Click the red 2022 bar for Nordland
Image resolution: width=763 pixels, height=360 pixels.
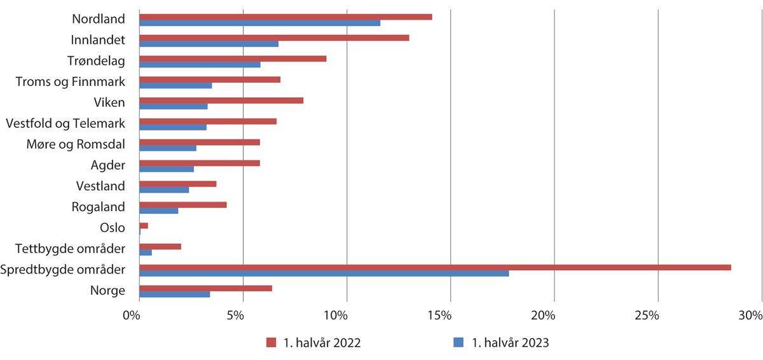pos(285,17)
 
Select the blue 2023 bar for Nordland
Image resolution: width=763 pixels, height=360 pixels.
pos(259,23)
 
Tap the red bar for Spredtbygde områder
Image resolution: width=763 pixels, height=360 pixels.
pos(435,267)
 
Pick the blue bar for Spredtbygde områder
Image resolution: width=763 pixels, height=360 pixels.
pos(324,273)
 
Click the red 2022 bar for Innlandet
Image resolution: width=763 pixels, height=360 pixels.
pos(274,38)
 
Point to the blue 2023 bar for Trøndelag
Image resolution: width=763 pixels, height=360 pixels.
pos(200,65)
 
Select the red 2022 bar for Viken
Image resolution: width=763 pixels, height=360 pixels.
pos(221,100)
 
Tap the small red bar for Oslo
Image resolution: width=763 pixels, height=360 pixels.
pos(144,226)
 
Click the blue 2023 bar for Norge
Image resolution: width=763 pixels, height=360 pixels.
pos(174,294)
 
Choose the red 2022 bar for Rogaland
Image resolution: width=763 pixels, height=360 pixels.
pos(183,205)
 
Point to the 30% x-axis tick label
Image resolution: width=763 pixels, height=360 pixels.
pos(751,315)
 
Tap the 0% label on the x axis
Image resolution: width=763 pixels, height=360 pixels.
pos(132,315)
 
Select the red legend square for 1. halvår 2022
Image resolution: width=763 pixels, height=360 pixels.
pos(270,343)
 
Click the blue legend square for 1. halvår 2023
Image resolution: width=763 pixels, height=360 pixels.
pos(458,343)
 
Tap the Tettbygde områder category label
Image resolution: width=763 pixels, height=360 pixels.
pos(71,249)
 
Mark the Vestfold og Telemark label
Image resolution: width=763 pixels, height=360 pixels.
pos(65,123)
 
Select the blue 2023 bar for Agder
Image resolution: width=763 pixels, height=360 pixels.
pos(167,169)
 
